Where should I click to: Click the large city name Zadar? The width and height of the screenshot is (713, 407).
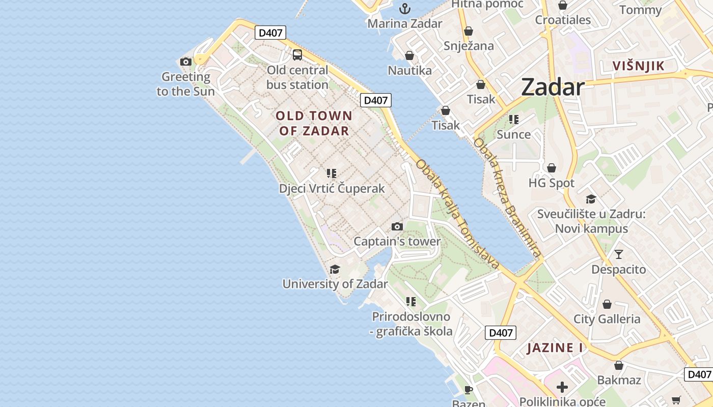[553, 88]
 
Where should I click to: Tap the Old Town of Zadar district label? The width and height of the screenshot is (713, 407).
[314, 123]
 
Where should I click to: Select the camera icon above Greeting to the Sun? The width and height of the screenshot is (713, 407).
[186, 62]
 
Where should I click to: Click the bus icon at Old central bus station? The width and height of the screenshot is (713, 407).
[297, 55]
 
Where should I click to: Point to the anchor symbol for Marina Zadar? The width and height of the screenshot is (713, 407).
[405, 9]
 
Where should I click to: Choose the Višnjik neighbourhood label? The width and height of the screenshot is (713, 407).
[639, 66]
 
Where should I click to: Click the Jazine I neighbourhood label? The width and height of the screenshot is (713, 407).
[555, 348]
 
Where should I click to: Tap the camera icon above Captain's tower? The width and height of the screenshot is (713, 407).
[397, 226]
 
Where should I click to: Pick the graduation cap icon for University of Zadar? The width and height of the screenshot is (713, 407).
[335, 269]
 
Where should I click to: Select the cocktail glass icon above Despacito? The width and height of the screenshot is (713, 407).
[619, 254]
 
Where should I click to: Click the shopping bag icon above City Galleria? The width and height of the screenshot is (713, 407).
[607, 304]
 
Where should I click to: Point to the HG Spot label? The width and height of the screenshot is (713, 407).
[552, 183]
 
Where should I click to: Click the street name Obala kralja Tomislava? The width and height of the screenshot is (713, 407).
[457, 214]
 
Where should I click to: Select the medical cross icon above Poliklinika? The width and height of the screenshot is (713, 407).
[562, 387]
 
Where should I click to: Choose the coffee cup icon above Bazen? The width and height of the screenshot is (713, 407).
[468, 390]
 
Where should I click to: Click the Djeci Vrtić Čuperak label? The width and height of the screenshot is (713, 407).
[332, 189]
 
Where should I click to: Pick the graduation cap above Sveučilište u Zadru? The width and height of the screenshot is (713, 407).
[591, 199]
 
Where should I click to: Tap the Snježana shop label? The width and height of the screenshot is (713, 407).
[469, 46]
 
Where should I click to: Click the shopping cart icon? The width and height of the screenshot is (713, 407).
[676, 400]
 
